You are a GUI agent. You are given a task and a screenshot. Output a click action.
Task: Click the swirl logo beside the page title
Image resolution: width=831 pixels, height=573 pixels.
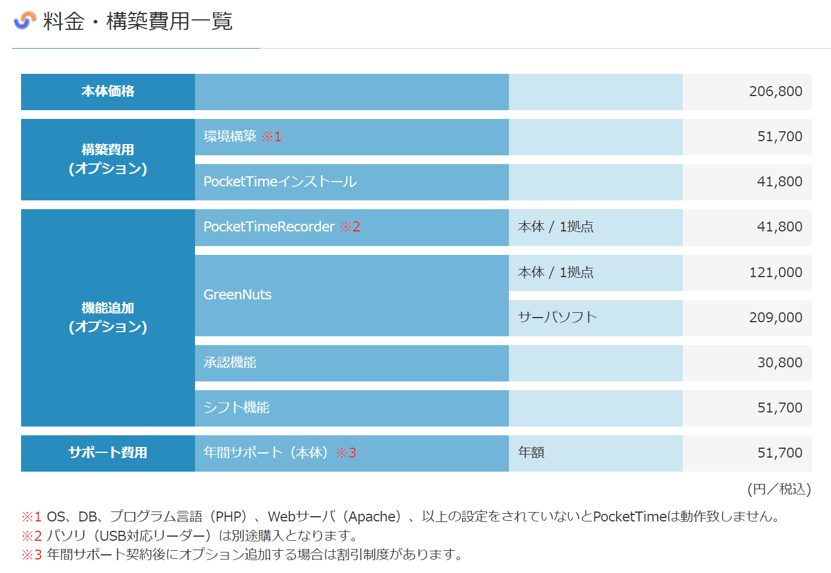(x=25, y=21)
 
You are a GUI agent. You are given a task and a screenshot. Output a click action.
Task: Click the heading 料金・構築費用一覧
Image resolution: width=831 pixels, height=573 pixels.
(x=138, y=22)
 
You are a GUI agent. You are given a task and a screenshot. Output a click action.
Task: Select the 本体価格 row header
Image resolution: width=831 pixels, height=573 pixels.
(x=108, y=91)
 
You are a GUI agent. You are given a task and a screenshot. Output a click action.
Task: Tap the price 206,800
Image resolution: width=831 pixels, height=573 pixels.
(x=775, y=91)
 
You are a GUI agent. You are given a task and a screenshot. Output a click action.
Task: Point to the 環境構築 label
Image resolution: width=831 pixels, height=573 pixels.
(x=230, y=137)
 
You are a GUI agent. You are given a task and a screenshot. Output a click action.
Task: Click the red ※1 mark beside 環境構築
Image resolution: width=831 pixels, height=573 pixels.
(x=271, y=137)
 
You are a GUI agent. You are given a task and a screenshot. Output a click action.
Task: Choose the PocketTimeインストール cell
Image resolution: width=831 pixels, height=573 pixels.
(x=280, y=182)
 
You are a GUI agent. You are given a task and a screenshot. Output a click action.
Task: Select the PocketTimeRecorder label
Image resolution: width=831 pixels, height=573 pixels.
(x=269, y=227)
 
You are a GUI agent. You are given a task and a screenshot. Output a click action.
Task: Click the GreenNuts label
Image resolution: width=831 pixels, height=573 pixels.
(x=237, y=295)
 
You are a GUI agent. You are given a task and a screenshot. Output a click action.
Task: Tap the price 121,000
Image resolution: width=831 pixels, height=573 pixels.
(x=775, y=272)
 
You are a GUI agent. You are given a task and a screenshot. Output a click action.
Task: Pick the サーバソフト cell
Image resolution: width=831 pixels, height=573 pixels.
(x=557, y=318)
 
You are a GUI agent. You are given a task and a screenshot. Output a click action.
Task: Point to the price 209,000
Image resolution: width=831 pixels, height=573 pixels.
(x=775, y=318)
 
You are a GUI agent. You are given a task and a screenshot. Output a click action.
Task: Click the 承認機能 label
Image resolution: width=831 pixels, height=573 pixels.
(x=230, y=363)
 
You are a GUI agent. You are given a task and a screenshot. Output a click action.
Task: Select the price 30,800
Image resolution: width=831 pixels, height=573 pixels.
(x=779, y=363)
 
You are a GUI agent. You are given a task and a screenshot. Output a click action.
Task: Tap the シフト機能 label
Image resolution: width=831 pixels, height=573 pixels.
(x=236, y=408)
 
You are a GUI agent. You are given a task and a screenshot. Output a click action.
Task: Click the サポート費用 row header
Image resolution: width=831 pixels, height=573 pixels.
(x=108, y=453)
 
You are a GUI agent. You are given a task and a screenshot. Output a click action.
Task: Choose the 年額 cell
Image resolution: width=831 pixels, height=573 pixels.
(x=531, y=453)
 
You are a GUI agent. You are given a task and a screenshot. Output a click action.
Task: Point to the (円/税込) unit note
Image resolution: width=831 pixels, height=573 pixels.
(x=779, y=489)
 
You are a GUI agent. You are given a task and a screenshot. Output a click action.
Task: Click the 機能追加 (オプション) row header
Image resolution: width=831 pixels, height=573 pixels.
(x=108, y=317)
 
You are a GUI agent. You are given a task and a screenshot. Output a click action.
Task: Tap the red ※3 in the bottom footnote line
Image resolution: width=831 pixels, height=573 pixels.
(x=32, y=554)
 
